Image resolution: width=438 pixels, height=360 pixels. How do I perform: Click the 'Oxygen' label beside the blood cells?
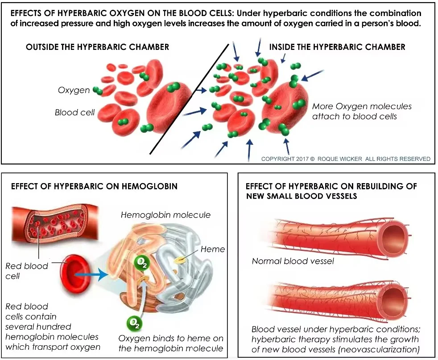tap(74, 90)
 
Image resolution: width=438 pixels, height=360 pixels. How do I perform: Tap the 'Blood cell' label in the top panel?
tap(74, 112)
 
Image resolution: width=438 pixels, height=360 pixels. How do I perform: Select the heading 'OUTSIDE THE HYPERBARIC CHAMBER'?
tap(97, 47)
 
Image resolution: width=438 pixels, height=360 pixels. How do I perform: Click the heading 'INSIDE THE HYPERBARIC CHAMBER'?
tap(337, 47)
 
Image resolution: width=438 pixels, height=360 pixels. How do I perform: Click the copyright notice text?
tap(345, 159)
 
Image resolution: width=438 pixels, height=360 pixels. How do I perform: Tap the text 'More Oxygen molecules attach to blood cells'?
tap(362, 111)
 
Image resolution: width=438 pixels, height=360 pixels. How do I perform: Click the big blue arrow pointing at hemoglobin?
tap(91, 275)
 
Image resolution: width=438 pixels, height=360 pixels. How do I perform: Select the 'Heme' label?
tap(213, 249)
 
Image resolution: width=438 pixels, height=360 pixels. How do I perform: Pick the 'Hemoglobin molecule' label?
tap(165, 215)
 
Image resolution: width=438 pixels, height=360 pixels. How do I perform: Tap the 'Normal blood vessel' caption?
tap(293, 261)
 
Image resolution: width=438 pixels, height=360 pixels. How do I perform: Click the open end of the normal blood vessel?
tap(395, 234)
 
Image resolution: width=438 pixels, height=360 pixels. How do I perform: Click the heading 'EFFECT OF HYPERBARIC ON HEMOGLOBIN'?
tap(94, 186)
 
